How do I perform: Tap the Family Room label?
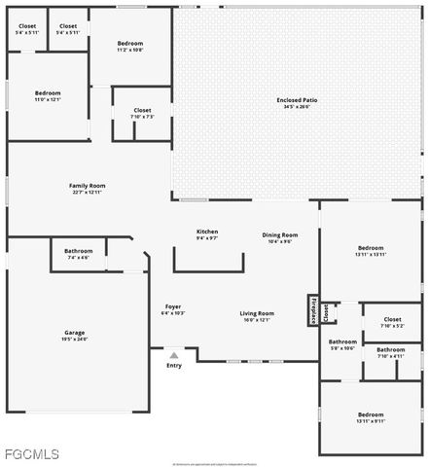pos(87,188)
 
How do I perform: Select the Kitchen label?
pos(207,233)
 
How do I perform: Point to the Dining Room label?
pos(280,237)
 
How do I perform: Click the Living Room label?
pos(258,315)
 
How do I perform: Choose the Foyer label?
pos(172,309)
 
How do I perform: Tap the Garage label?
pos(75,336)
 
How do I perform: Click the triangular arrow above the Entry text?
pos(174,355)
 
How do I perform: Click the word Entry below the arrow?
pos(174,366)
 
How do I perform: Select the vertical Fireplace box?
pos(313,309)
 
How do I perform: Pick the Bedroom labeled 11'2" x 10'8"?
pos(130,46)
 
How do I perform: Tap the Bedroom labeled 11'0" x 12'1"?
pos(48,95)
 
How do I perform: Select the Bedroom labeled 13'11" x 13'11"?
pos(371,250)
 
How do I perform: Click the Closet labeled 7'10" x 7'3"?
pos(142,113)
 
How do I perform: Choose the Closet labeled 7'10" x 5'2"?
pos(392,322)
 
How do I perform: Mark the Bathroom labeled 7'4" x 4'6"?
pos(79,254)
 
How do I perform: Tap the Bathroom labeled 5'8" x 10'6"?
pos(342,344)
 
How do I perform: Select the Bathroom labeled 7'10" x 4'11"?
pos(391,352)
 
